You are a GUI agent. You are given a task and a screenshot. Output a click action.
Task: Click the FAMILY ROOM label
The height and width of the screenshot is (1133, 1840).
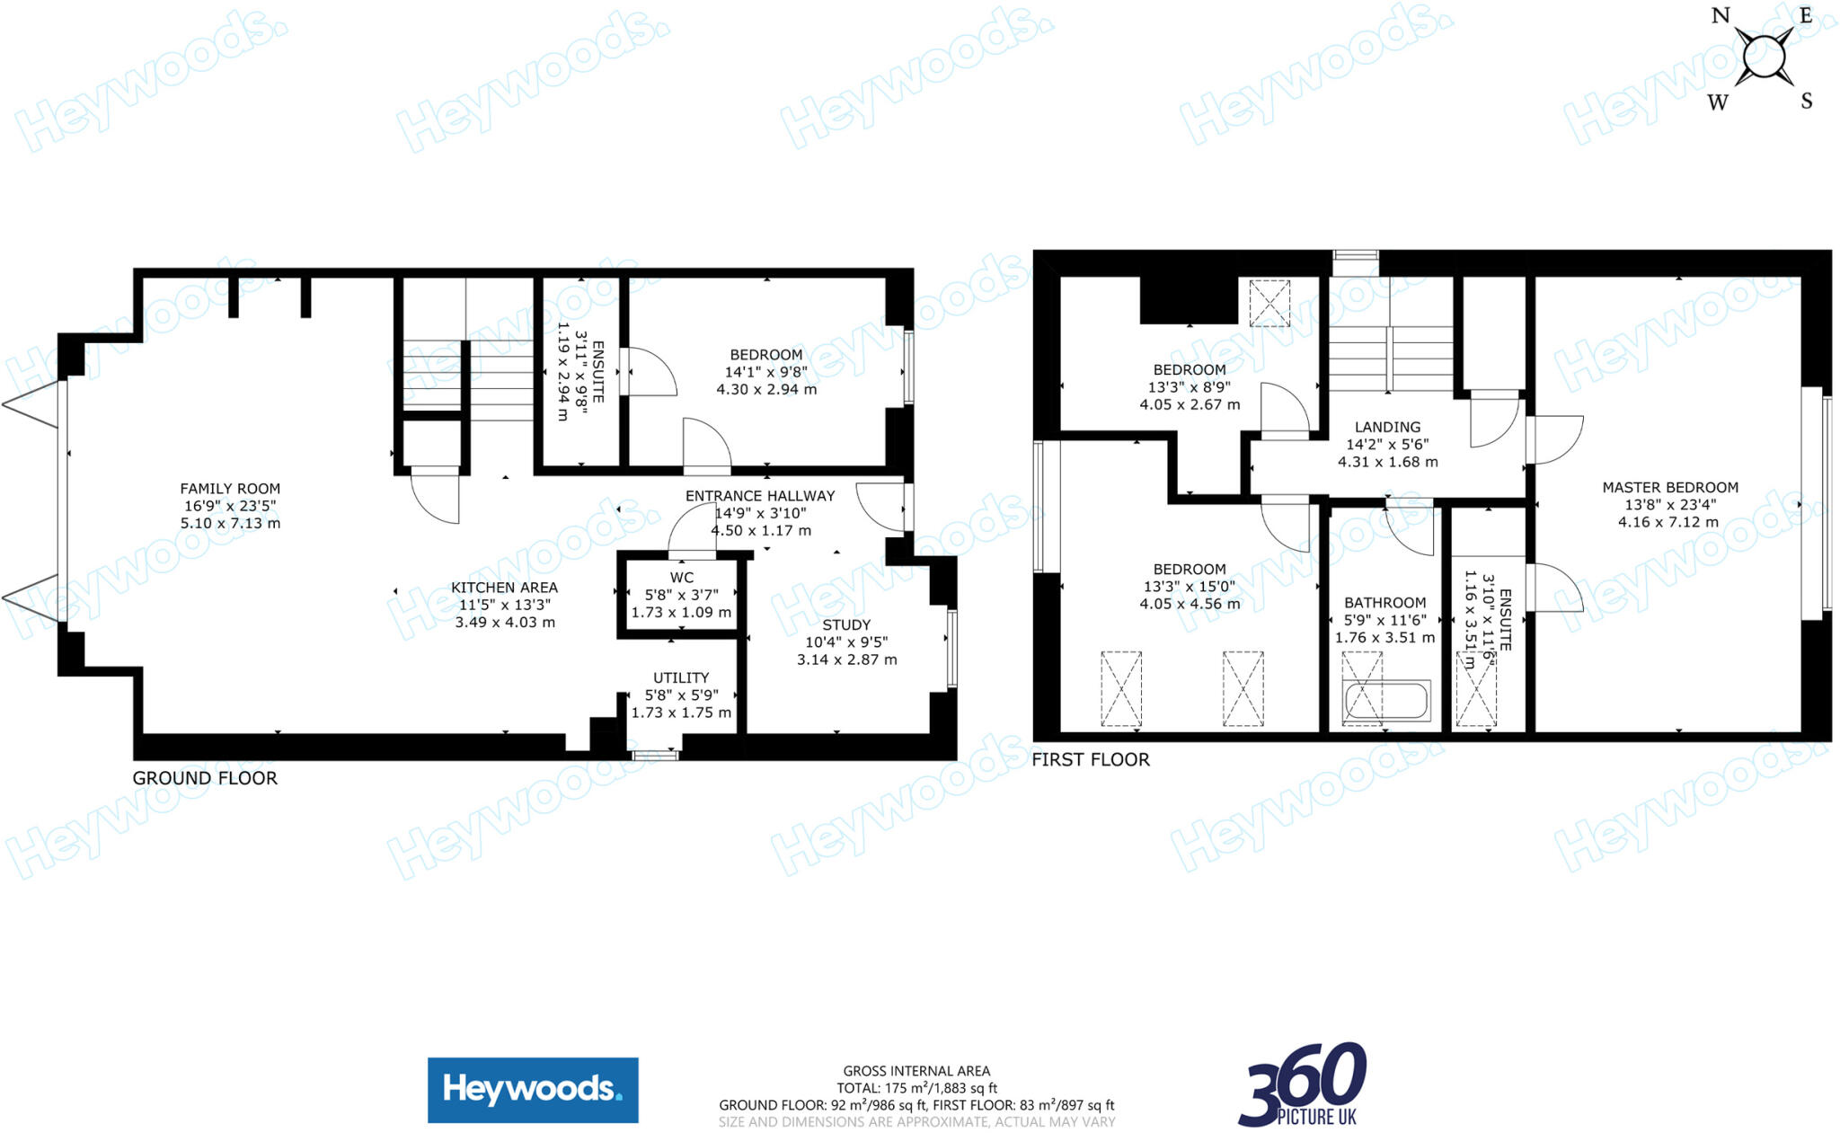[230, 489]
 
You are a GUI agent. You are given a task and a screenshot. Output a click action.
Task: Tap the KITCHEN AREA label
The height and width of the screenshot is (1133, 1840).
[504, 588]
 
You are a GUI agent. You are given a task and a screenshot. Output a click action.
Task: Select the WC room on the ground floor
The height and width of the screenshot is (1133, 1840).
[681, 595]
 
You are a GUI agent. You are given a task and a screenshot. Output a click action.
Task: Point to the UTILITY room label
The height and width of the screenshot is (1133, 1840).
[681, 677]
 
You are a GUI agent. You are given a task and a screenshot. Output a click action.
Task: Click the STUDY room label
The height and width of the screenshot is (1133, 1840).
[846, 624]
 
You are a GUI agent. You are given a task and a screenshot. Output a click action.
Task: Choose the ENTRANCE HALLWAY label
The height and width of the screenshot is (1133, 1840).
[760, 496]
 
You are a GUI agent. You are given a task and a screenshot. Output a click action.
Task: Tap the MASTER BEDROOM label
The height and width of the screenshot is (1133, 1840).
[1670, 488]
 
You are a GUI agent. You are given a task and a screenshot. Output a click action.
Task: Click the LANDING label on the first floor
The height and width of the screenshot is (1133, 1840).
[1388, 428]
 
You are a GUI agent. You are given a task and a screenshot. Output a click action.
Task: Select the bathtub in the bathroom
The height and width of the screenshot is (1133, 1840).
[1384, 702]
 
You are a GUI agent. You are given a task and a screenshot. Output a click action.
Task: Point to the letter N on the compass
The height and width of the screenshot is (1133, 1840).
[1721, 15]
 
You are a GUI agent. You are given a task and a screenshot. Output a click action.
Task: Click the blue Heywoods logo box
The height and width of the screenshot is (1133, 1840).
[533, 1090]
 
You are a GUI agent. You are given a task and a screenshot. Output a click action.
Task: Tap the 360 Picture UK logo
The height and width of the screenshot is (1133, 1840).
[1303, 1084]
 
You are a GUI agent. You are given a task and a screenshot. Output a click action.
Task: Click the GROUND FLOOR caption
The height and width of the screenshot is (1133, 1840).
[205, 778]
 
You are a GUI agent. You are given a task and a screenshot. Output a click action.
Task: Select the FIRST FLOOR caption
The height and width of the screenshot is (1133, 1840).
[1091, 760]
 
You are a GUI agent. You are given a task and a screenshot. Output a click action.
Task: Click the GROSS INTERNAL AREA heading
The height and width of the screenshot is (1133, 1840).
[916, 1071]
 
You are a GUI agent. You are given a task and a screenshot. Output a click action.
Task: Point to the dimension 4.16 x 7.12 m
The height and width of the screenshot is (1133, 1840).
[1668, 522]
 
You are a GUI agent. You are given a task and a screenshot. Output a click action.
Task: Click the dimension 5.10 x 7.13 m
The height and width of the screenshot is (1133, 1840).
[230, 523]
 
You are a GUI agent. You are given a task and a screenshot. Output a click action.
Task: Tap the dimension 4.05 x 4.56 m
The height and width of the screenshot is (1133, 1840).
[1190, 604]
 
